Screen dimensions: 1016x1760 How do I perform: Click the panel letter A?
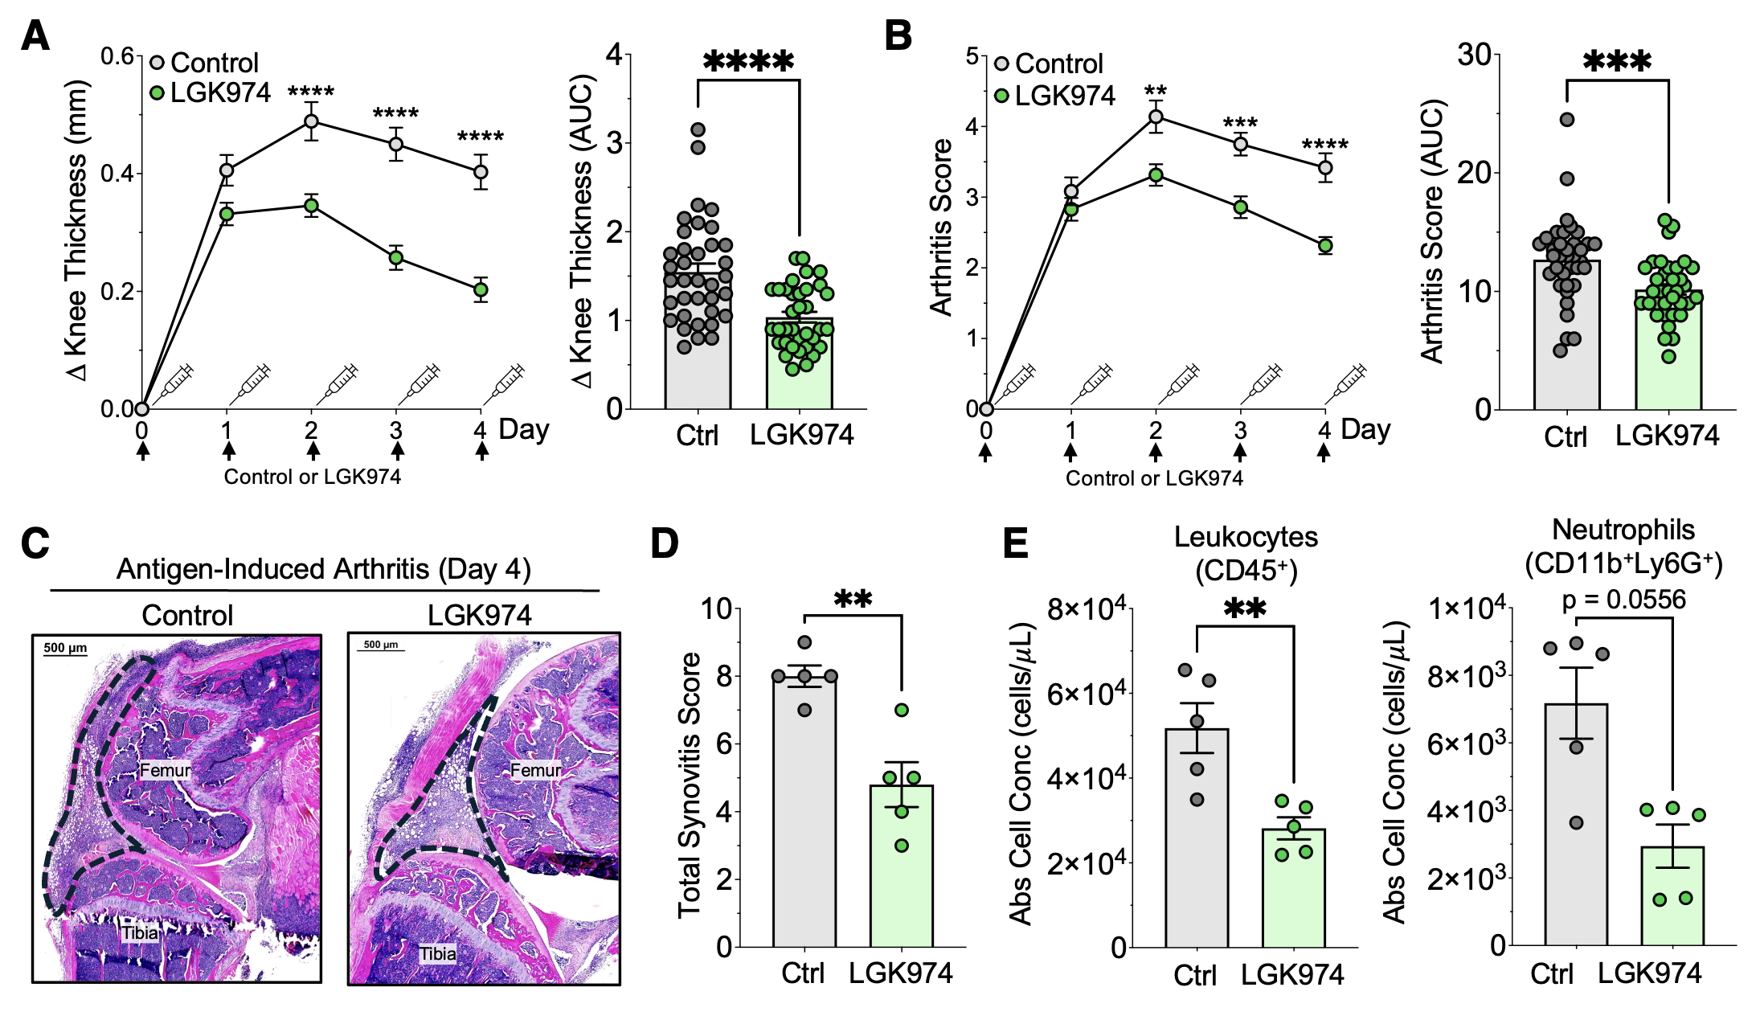[x=35, y=36]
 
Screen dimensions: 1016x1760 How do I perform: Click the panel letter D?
[x=664, y=543]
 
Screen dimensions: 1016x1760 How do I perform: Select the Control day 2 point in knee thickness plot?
[x=311, y=121]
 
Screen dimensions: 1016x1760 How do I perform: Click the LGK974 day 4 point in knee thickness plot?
[x=481, y=290]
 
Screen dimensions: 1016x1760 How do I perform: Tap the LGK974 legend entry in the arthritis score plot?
[x=1055, y=96]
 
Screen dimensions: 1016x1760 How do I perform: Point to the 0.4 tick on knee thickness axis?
[x=117, y=174]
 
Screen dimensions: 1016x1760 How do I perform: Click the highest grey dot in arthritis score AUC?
[x=1566, y=120]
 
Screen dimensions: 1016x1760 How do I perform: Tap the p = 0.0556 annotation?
[x=1623, y=600]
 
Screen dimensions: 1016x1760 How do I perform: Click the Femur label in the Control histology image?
[x=166, y=770]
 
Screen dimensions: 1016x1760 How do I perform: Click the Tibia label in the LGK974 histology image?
[x=438, y=954]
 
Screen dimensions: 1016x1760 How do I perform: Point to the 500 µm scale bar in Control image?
[x=65, y=650]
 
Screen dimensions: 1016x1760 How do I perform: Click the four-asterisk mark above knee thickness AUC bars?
[x=748, y=61]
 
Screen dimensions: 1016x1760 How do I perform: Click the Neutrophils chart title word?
[x=1623, y=530]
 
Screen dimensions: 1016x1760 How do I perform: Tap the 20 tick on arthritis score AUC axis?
[x=1476, y=173]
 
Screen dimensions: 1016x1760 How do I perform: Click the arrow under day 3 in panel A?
[x=396, y=451]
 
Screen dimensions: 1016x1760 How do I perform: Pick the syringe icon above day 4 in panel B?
[x=1345, y=384]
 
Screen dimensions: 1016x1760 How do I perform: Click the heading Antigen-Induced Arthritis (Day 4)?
[x=324, y=569]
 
